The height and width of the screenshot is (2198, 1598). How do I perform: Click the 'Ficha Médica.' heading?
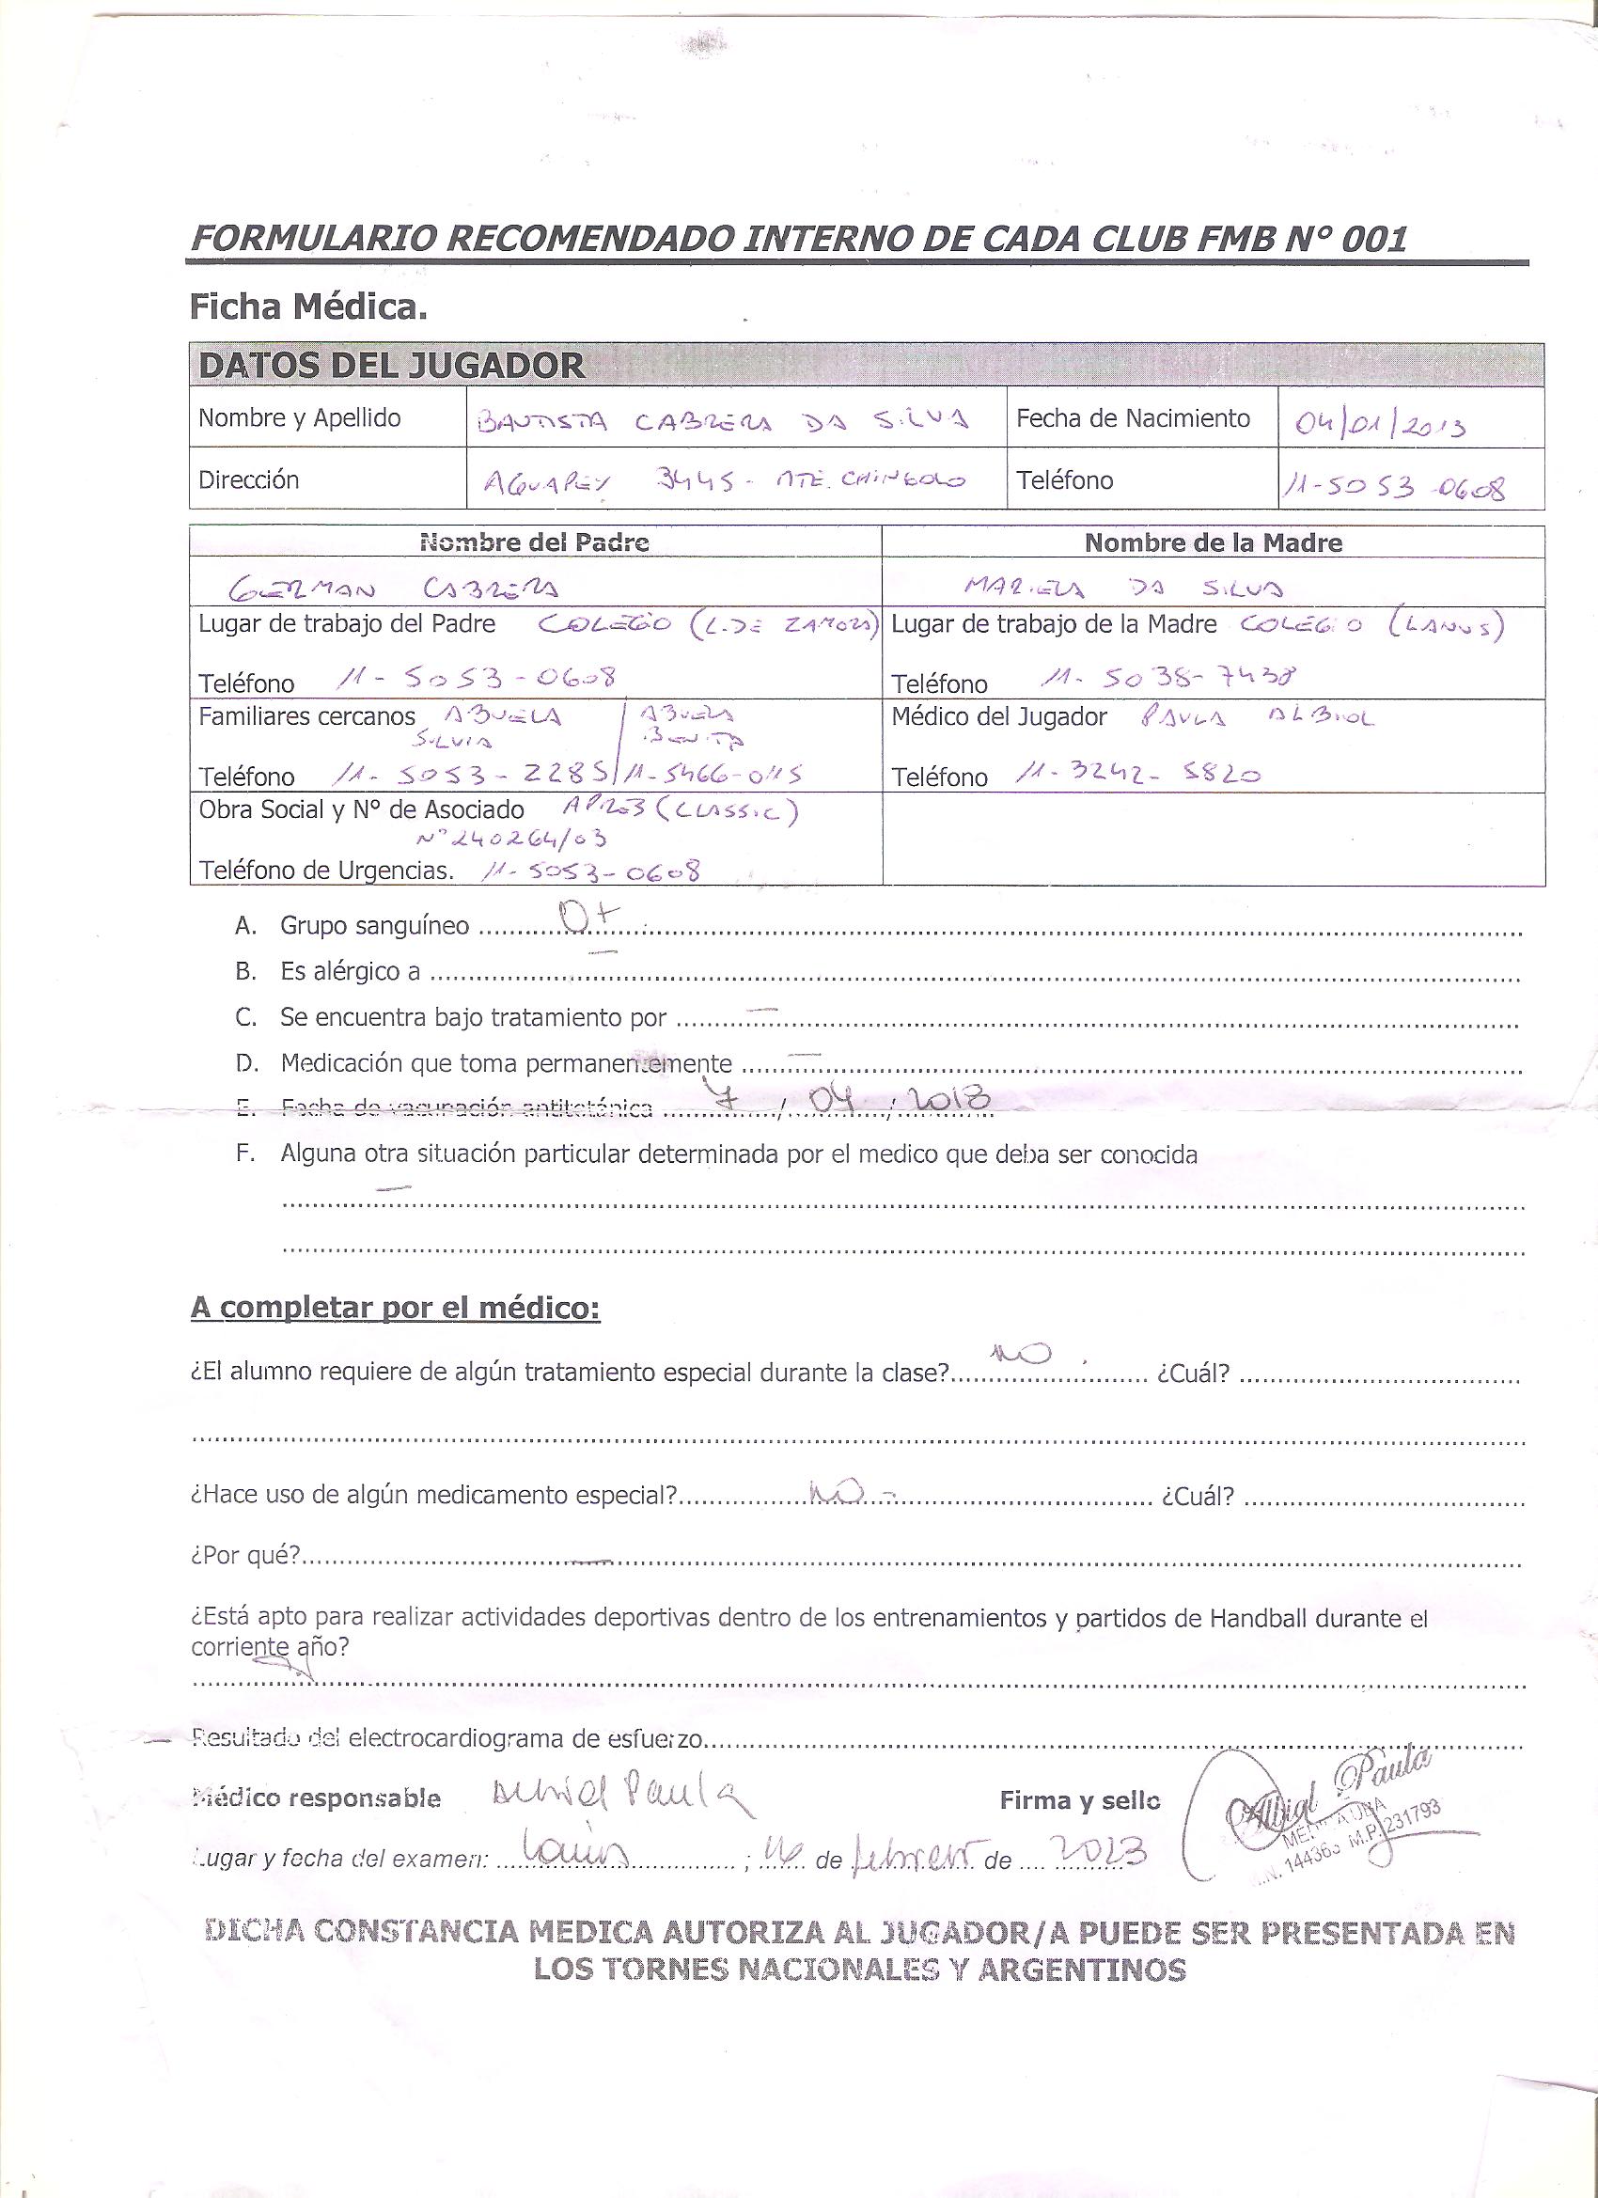(x=309, y=308)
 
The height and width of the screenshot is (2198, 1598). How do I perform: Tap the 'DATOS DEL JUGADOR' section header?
(x=390, y=366)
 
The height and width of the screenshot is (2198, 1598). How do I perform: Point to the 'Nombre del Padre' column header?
(x=534, y=542)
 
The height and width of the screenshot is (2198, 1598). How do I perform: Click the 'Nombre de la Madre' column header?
(x=1214, y=542)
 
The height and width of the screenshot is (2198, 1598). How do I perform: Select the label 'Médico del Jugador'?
(x=998, y=717)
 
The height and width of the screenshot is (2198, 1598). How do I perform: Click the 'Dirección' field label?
(x=249, y=479)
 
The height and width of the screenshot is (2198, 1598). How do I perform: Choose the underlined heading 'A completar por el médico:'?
(x=396, y=1308)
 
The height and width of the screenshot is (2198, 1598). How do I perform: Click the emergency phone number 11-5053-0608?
(x=590, y=872)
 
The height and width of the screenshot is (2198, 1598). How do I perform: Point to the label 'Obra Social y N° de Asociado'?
(x=362, y=809)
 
